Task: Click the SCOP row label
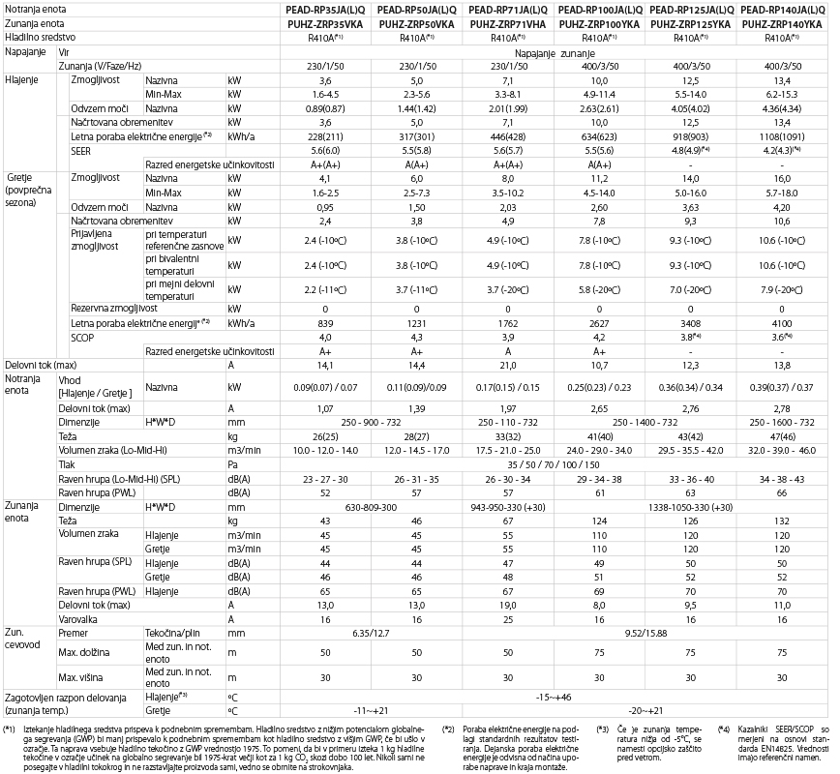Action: pos(84,336)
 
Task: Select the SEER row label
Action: pos(82,152)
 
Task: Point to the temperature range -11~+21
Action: pos(364,709)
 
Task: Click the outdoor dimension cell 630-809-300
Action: pos(364,507)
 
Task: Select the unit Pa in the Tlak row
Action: pos(232,462)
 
